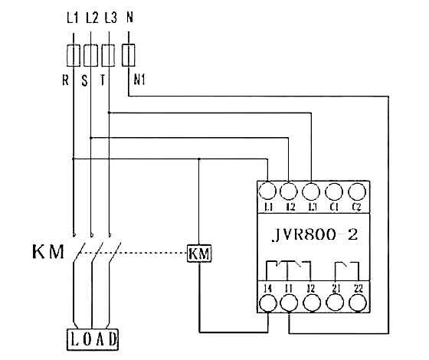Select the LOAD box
[92, 338]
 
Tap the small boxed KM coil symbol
[199, 253]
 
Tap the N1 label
[139, 79]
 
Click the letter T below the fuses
[101, 78]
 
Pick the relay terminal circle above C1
[334, 191]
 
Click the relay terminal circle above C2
[357, 191]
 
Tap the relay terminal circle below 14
[267, 303]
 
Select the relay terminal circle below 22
[357, 303]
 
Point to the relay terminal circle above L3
[311, 191]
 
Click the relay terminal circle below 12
[311, 303]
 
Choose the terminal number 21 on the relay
[334, 287]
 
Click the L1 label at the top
[73, 17]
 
